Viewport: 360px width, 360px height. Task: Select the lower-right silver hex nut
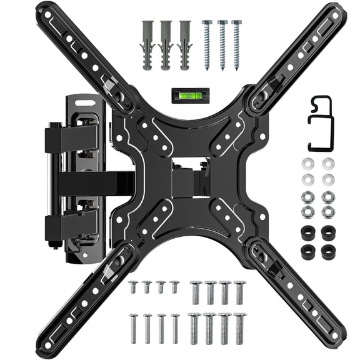click(327, 211)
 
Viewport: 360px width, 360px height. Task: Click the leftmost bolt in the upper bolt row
click(133, 287)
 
